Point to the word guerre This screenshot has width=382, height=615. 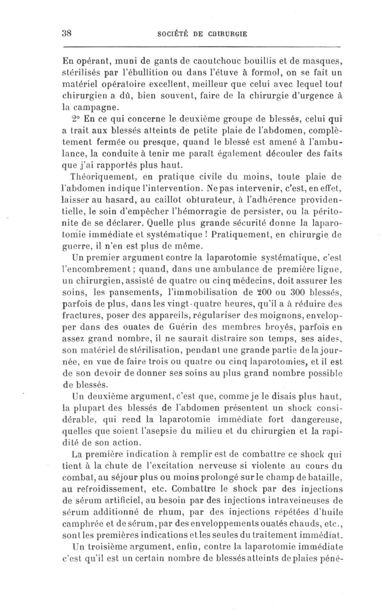click(79, 247)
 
